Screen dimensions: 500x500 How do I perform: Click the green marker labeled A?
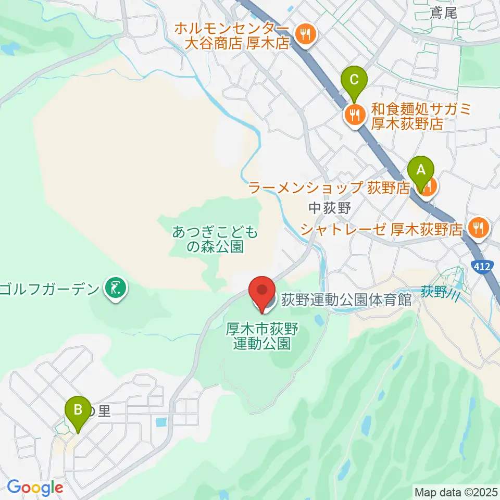click(420, 170)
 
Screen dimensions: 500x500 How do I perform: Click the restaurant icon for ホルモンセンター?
click(304, 35)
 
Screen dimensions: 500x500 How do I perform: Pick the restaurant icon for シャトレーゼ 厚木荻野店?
click(477, 227)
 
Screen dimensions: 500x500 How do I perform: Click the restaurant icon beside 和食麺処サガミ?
click(355, 115)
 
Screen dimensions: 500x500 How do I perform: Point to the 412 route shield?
click(482, 266)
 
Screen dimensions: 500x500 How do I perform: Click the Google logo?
click(35, 488)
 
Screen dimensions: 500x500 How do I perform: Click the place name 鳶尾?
click(443, 13)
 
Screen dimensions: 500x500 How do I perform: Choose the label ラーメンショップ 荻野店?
click(329, 187)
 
